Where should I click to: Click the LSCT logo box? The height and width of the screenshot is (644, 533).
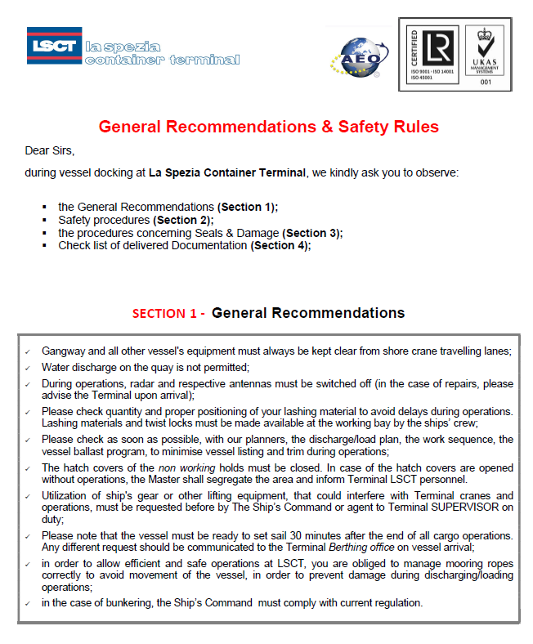[54, 46]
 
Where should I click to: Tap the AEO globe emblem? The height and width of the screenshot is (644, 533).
[354, 55]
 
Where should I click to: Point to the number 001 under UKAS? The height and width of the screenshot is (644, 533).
[486, 82]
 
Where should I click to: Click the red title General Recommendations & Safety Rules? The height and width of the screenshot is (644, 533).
[268, 127]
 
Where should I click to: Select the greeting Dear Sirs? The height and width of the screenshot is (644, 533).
[50, 150]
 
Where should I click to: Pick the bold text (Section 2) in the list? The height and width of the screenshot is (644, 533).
[183, 220]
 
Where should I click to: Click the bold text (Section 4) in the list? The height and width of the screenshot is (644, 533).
[280, 245]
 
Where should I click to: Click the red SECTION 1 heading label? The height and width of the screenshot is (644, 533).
[168, 314]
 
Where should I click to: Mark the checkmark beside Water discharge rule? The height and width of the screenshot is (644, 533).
[29, 368]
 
